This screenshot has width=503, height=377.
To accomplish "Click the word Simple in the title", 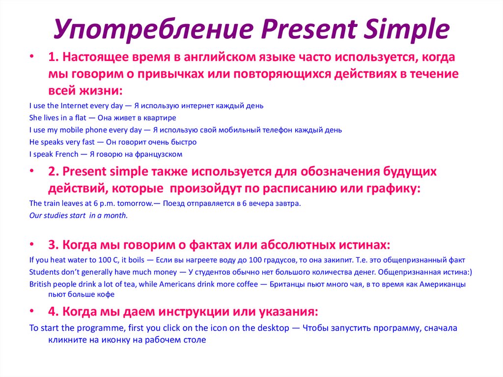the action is pyautogui.click(x=406, y=29).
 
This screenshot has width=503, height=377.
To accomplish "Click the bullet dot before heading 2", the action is pyautogui.click(x=32, y=171).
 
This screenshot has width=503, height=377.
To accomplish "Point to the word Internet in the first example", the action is pyautogui.click(x=74, y=106).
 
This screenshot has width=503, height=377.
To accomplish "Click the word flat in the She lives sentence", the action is pyautogui.click(x=81, y=117).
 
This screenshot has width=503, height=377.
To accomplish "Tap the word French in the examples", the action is pyautogui.click(x=67, y=154).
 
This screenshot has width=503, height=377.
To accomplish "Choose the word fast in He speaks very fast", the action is pyautogui.click(x=88, y=142).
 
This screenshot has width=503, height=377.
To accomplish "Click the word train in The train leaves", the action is pyautogui.click(x=51, y=203).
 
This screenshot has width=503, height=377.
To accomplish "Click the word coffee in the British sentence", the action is pyautogui.click(x=247, y=284).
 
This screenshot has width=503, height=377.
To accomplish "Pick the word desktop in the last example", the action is pyautogui.click(x=273, y=328).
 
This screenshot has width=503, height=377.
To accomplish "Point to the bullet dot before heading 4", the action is pyautogui.click(x=32, y=311).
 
